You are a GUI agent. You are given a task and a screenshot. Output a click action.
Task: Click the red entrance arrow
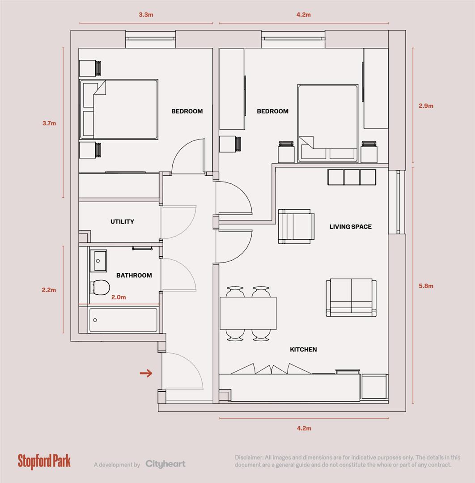[146, 373]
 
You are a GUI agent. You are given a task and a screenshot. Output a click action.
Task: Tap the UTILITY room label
[122, 222]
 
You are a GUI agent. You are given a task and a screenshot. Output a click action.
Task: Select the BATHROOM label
[134, 275]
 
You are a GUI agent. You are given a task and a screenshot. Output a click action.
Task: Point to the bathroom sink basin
[98, 260]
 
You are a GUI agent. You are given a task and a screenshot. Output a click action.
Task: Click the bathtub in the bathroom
[123, 320]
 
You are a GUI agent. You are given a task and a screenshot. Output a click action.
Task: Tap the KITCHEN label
[303, 349]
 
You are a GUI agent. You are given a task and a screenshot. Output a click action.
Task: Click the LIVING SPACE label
[350, 227]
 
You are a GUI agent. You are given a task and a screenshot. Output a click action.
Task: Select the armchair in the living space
[295, 227]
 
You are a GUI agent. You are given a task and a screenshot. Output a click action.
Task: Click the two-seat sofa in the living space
[351, 297]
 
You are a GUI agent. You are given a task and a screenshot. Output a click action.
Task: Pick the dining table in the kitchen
[248, 313]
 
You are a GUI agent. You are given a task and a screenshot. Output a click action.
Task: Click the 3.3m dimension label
[146, 15]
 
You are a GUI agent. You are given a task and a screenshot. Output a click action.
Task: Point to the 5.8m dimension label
[426, 286]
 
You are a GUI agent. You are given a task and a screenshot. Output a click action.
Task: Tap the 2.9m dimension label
[426, 106]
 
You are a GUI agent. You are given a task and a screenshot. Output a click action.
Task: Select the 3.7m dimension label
[49, 123]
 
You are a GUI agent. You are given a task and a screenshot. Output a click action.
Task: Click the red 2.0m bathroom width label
[118, 297]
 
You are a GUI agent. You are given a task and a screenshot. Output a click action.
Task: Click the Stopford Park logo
[44, 461]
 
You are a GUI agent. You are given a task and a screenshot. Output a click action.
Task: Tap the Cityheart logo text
[165, 464]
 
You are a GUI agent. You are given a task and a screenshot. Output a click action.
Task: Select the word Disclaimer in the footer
[249, 458]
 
